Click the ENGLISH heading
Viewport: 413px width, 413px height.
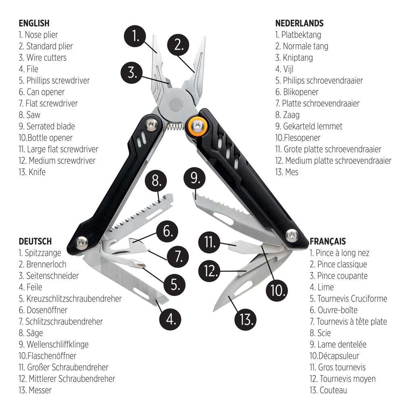point(34,23)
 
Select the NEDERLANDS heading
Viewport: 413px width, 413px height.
point(299,23)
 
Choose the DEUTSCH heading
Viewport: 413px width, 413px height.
point(35,242)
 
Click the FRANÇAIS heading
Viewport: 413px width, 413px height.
point(327,242)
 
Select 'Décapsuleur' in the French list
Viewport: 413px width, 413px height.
point(338,356)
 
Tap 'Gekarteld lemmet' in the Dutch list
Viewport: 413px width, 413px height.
point(312,126)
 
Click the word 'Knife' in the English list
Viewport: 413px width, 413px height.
point(37,172)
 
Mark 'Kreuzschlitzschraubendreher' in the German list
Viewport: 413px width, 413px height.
point(74,299)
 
